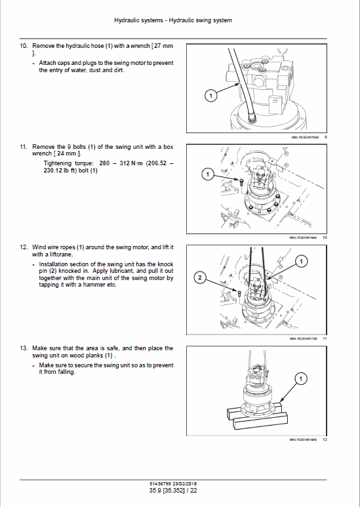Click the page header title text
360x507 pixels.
173,20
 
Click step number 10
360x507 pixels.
24,46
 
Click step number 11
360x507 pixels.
24,147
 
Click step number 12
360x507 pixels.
24,247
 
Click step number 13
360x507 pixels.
24,348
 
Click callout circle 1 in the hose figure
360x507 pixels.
210,96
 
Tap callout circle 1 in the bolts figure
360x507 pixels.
207,174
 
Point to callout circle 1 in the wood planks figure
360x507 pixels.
301,379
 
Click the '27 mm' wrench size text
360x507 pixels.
164,46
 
